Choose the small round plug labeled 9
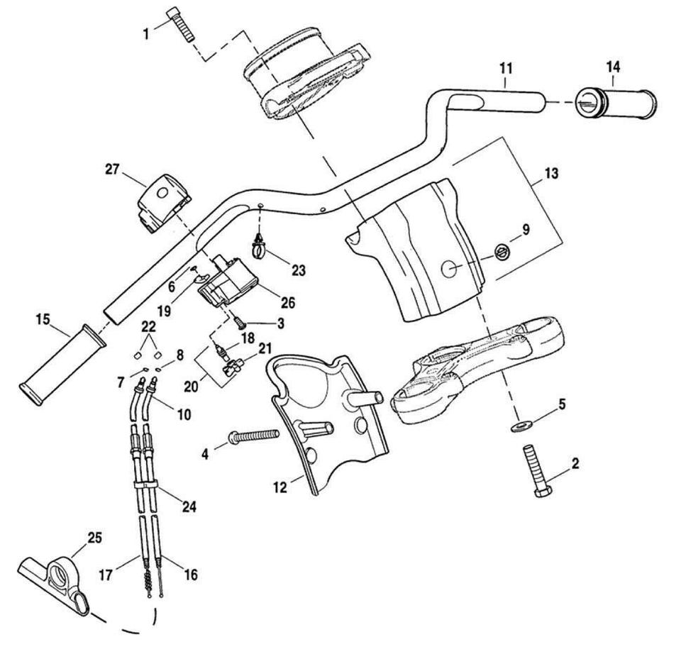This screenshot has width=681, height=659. coord(502,250)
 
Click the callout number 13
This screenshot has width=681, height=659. coord(551,172)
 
